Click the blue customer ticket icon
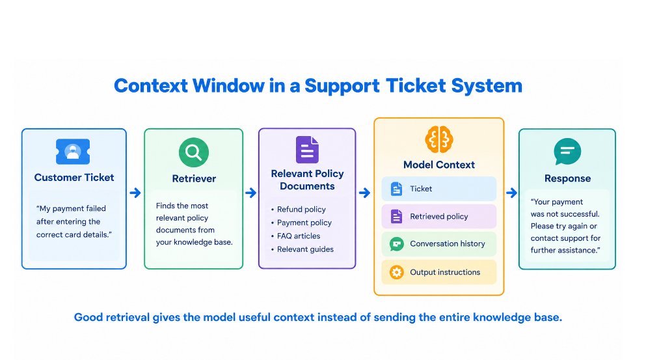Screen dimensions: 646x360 click(x=73, y=152)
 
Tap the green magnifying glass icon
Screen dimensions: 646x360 click(x=194, y=152)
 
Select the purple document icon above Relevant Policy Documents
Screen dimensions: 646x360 click(x=307, y=150)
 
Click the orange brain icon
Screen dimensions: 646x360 click(x=439, y=139)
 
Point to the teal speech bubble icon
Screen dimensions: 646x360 click(x=567, y=151)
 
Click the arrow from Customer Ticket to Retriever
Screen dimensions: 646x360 click(x=135, y=193)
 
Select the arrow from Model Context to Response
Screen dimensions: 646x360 click(x=512, y=193)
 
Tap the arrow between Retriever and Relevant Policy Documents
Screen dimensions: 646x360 click(x=251, y=193)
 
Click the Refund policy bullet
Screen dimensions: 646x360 click(x=299, y=210)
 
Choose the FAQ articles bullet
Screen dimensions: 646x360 click(x=295, y=236)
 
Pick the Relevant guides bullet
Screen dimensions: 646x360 click(x=302, y=249)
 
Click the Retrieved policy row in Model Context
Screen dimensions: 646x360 click(x=438, y=217)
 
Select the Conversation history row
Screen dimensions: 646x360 click(x=438, y=244)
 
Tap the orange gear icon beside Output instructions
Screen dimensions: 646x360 click(x=396, y=272)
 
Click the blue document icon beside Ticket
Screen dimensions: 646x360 click(x=396, y=189)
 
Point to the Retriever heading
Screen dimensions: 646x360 click(x=194, y=178)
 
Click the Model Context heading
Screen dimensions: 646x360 click(x=439, y=165)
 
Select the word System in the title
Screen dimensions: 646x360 click(x=487, y=86)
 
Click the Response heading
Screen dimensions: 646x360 click(x=567, y=178)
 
